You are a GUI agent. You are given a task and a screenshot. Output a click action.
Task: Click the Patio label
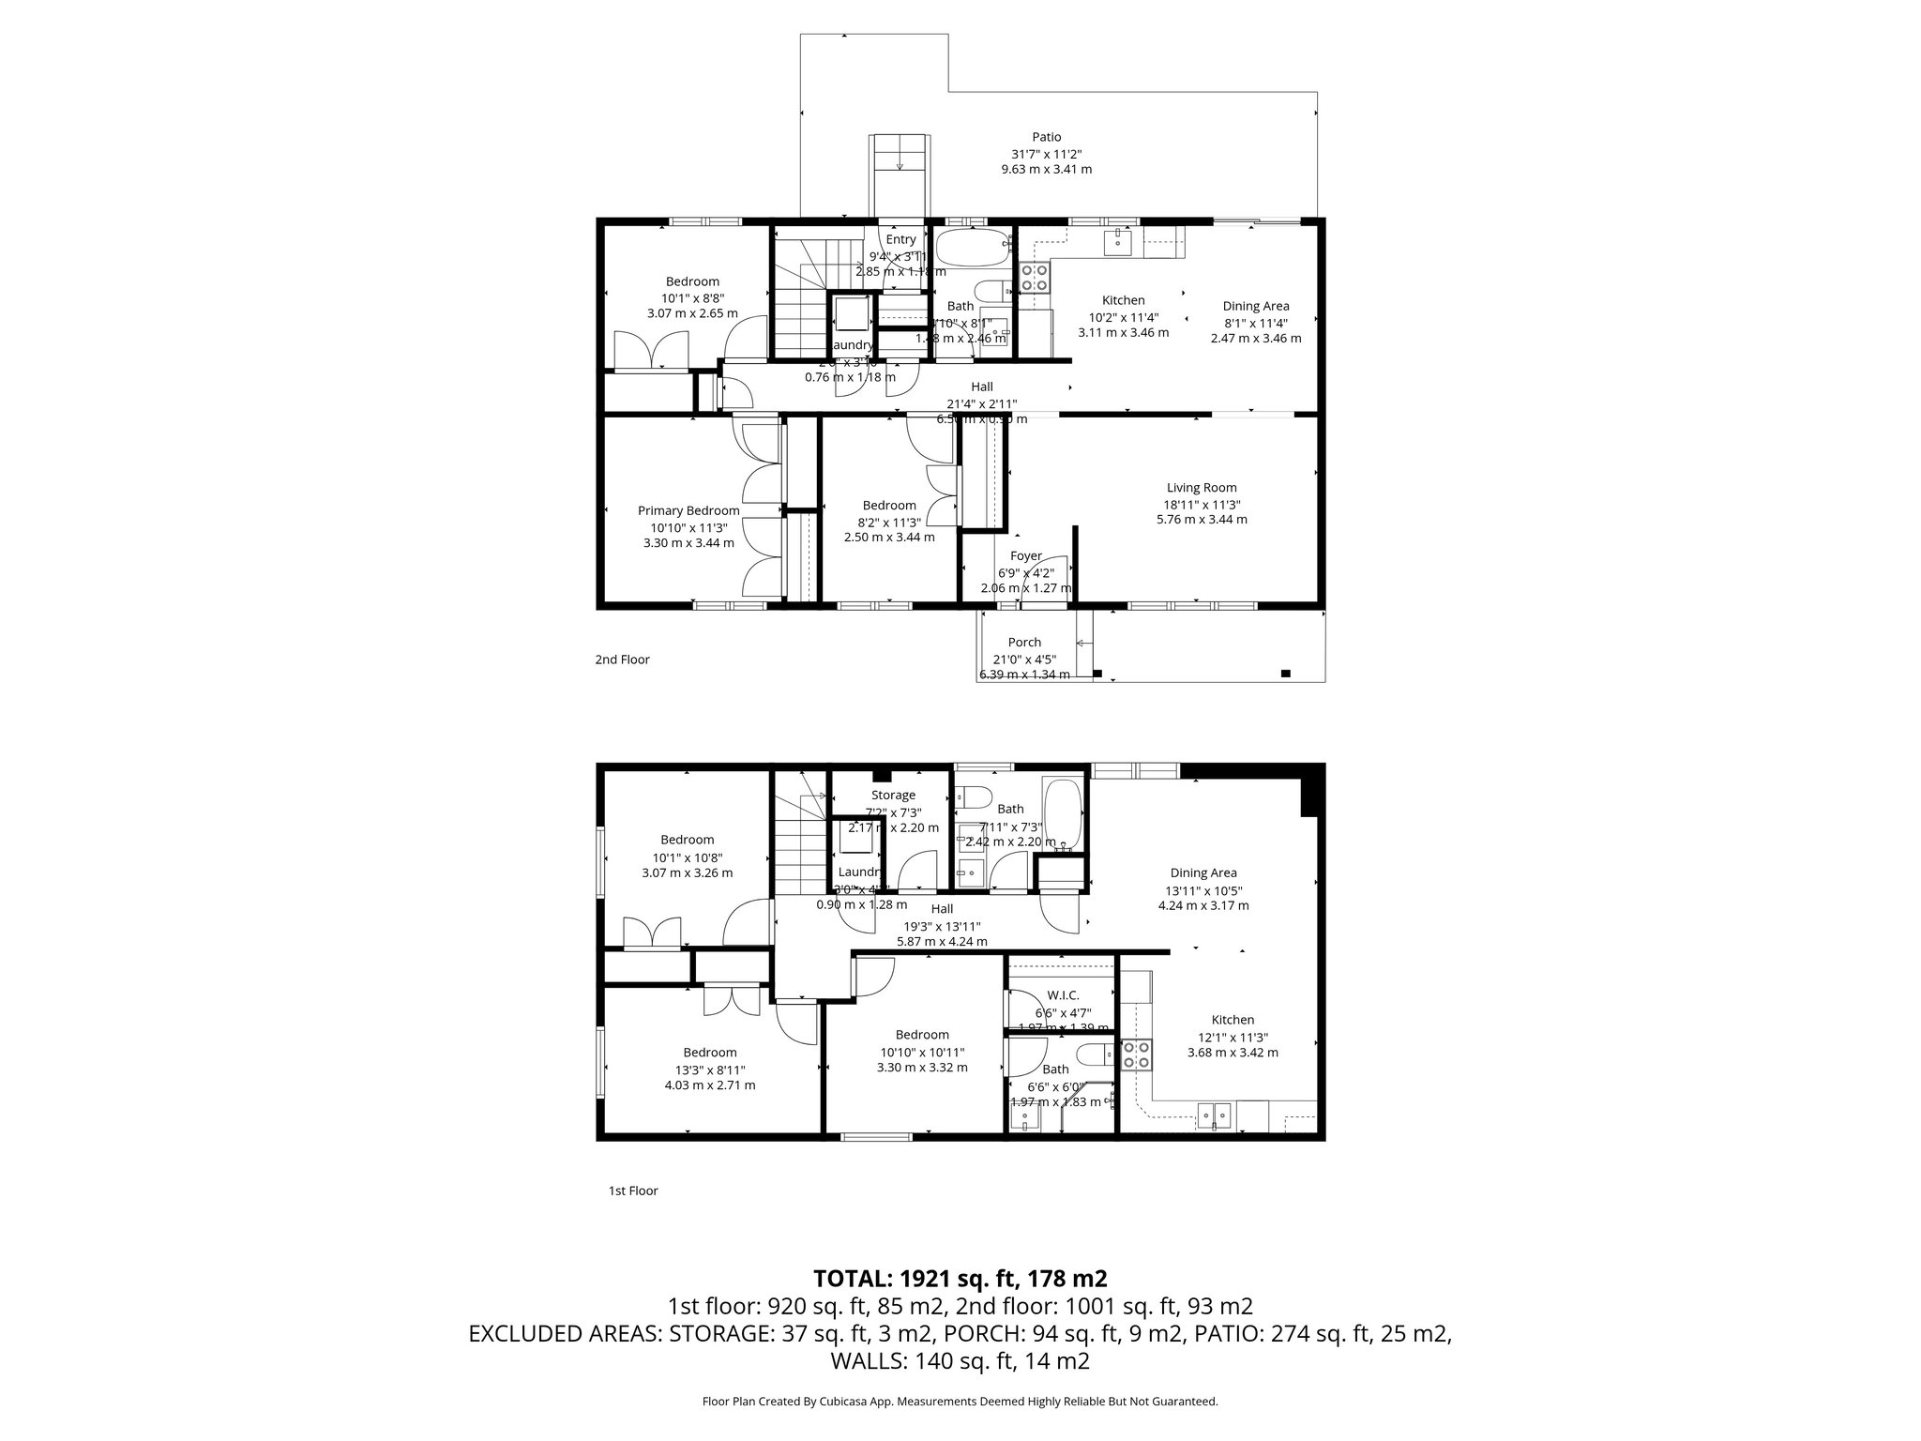pos(1046,137)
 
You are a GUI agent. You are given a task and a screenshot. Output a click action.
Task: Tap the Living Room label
pos(1202,488)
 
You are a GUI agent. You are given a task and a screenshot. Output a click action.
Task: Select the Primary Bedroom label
pos(688,510)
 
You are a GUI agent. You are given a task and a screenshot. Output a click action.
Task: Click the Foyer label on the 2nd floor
pos(1025,556)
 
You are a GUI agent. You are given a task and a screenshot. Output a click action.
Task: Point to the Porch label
pos(1024,643)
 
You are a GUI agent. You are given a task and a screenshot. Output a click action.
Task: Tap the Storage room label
pos(892,796)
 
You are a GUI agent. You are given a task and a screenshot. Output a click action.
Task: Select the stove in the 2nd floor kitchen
pos(1035,277)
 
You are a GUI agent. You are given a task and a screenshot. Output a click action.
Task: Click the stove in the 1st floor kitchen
pos(1137,1055)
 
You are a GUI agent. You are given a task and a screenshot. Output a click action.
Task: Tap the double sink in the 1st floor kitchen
pos(1216,1115)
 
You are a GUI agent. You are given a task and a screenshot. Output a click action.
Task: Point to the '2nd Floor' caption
pos(622,660)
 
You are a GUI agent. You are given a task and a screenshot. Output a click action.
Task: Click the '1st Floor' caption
pos(633,1191)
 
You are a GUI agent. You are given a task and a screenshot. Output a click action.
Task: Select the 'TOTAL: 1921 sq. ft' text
pos(960,1278)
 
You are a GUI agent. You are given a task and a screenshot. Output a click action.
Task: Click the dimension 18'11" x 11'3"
pos(1202,504)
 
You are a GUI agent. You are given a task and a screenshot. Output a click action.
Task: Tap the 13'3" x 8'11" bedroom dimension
pos(709,1069)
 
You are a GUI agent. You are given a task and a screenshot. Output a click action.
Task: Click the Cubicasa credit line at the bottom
pos(960,1402)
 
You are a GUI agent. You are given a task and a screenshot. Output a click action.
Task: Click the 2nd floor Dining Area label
pos(1255,306)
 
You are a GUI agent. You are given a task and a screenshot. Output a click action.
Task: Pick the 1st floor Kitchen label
pos(1233,1020)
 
